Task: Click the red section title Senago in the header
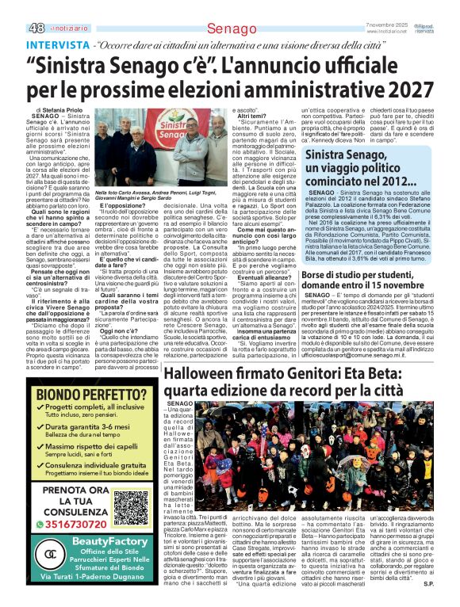(227, 29)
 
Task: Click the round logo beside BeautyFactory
(50, 554)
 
